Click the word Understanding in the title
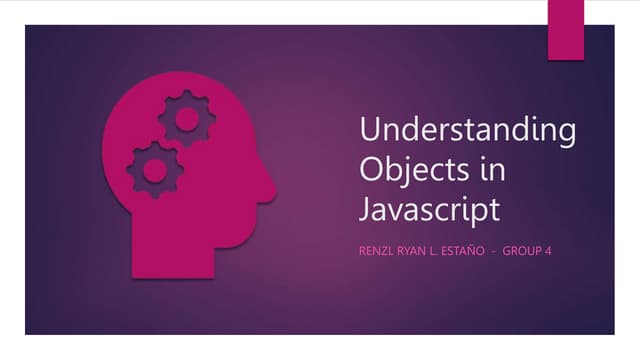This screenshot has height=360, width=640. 467,132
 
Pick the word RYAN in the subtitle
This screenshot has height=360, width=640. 415,250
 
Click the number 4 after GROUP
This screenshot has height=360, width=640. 549,250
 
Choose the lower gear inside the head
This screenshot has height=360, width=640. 154,168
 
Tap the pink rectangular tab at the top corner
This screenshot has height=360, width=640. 566,28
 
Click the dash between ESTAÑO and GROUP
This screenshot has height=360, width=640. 494,250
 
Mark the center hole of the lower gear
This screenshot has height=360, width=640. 154,168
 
